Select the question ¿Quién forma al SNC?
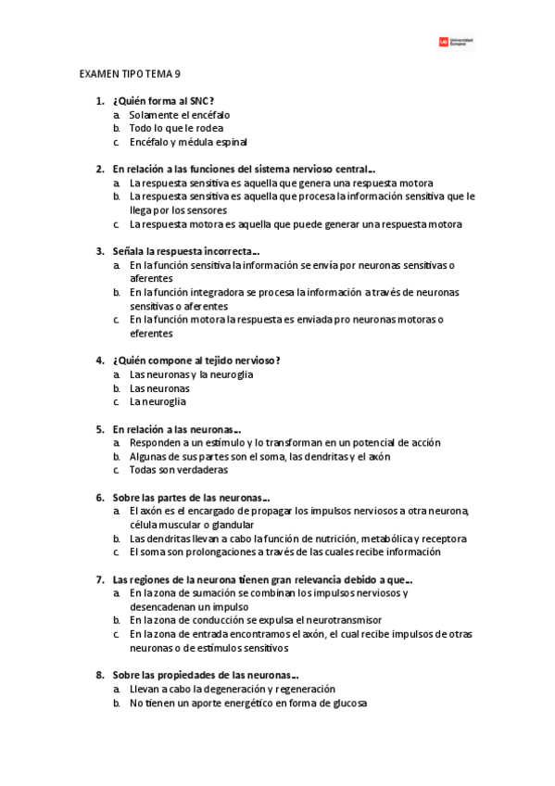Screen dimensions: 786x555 pos(170,100)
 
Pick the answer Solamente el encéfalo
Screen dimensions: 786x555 pos(180,114)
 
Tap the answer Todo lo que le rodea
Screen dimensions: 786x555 pos(176,128)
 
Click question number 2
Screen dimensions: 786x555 pos(99,170)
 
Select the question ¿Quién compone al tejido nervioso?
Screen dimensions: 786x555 pos(196,361)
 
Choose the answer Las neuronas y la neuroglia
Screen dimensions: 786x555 pos(191,374)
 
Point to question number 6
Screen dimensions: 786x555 pos(99,497)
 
